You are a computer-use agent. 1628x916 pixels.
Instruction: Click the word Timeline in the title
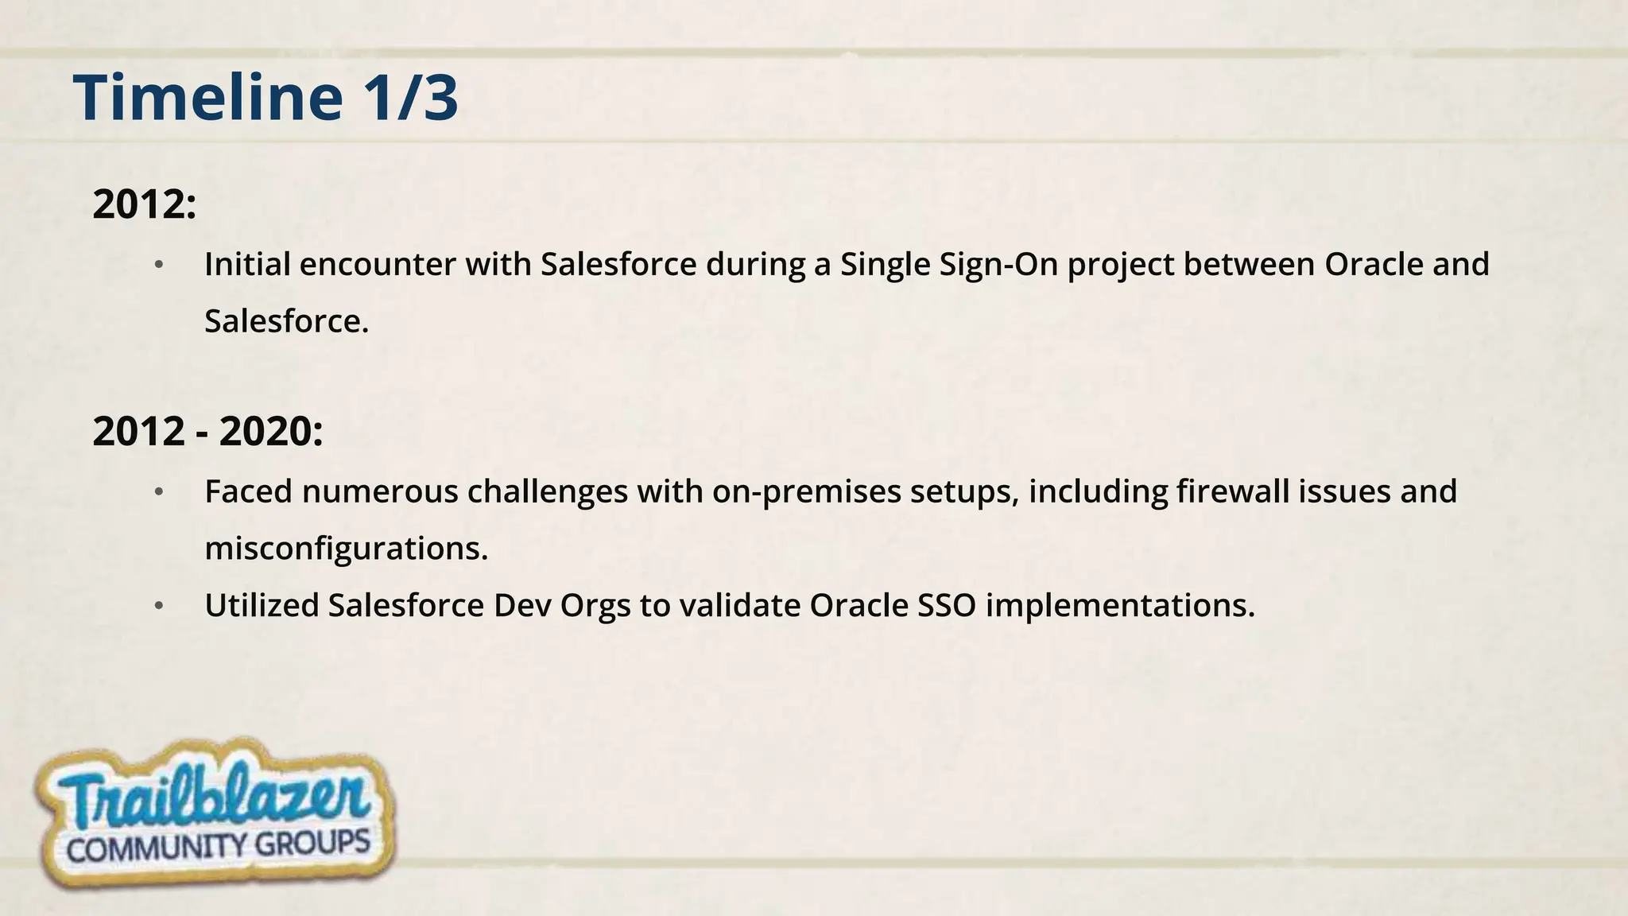[x=208, y=98]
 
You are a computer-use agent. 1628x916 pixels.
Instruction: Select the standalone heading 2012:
[x=144, y=204]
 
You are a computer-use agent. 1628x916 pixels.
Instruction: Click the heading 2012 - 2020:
[x=207, y=432]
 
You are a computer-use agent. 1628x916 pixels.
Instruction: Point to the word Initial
[x=247, y=264]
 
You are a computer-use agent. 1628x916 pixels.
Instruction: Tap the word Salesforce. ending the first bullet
[x=286, y=321]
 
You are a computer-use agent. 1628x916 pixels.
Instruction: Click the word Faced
[x=249, y=491]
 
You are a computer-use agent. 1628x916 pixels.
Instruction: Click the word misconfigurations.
[x=346, y=549]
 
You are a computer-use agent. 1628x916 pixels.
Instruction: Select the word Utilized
[x=262, y=606]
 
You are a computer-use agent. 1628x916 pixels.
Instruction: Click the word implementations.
[x=1120, y=606]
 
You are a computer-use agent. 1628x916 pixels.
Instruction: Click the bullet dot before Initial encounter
[x=159, y=265]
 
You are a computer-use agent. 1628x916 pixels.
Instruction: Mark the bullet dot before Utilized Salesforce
[x=159, y=607]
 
